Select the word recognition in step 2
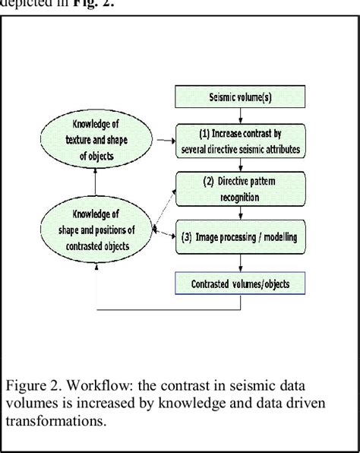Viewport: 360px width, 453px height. (242, 198)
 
